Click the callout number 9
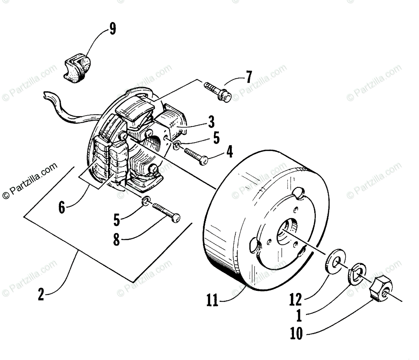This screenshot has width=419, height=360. [x=112, y=29]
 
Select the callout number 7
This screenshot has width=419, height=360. [x=248, y=77]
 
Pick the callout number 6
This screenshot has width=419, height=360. [x=62, y=207]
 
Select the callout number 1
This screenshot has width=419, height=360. [x=299, y=316]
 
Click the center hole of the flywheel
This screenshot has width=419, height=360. [x=287, y=231]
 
